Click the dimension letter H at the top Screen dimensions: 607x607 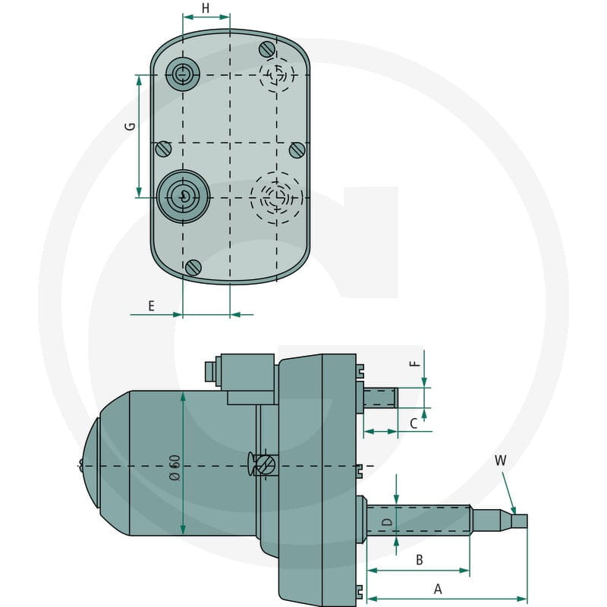tap(206, 8)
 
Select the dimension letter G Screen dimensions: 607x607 tap(131, 126)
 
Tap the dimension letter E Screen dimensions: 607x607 tap(151, 306)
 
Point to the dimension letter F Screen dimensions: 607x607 tap(414, 363)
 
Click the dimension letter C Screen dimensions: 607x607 tap(414, 423)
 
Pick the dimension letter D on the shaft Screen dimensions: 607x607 tap(387, 522)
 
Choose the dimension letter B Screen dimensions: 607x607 tap(419, 560)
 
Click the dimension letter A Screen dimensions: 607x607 tap(438, 589)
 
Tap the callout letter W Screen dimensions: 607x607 tap(500, 461)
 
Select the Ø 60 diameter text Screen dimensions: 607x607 tap(175, 467)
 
